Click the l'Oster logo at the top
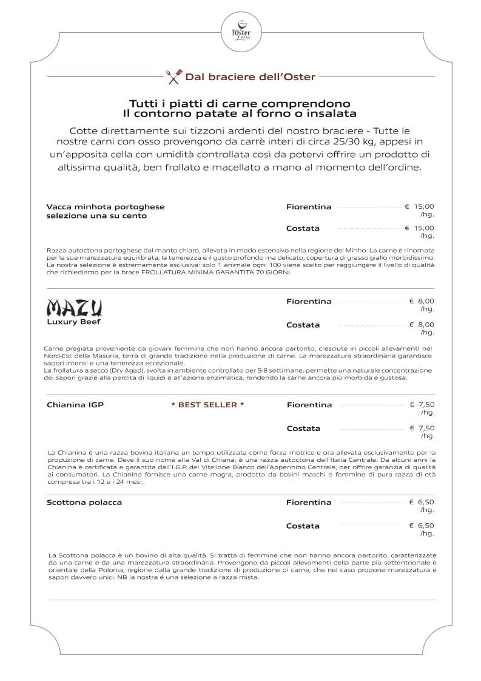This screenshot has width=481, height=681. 240,27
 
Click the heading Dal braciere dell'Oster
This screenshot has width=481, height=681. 250,77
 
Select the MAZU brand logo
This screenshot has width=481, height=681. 74,308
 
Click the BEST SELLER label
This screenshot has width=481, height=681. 207,405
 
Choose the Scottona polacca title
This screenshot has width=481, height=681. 84,503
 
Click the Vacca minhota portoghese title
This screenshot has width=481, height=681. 106,207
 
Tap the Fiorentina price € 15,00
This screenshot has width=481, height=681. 420,207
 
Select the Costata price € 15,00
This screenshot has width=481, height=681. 420,228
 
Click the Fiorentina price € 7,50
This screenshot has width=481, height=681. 422,405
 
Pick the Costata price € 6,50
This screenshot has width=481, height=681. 422,526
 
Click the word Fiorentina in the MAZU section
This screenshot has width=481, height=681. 309,302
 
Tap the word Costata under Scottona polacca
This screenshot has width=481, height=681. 303,526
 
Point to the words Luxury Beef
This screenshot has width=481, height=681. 73,322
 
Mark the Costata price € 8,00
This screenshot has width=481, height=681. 422,325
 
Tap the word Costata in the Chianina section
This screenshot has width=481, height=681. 303,429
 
